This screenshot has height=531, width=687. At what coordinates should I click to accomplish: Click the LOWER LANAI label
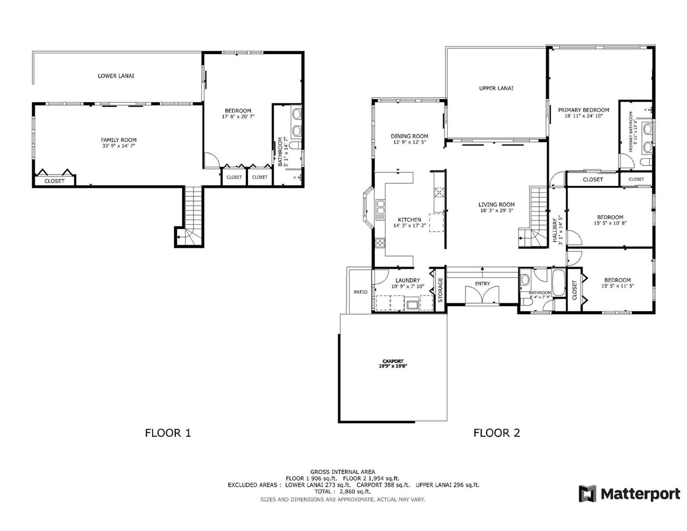tap(116, 76)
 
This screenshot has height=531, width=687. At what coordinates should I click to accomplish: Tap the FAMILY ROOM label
tap(119, 140)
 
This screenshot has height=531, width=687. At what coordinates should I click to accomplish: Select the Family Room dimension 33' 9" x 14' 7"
tap(119, 146)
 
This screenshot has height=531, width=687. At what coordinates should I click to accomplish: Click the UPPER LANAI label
tap(496, 88)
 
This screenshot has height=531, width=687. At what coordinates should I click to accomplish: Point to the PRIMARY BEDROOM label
tap(583, 110)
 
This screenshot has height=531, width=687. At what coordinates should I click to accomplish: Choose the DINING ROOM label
tap(410, 136)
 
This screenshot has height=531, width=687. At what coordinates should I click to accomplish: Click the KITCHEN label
tap(410, 219)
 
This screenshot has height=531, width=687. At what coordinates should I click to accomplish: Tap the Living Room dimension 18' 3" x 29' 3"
tap(497, 210)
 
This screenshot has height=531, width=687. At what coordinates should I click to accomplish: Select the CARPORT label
tap(393, 361)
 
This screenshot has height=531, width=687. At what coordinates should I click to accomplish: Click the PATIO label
tap(361, 292)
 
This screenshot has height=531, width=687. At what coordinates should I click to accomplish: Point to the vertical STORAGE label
tap(441, 290)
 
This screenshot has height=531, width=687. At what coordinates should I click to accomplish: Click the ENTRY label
tap(482, 284)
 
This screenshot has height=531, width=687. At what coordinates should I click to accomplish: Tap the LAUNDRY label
tap(407, 280)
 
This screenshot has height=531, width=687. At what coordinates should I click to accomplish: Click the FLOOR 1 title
tap(168, 433)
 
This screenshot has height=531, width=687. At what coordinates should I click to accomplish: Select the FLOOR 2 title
tap(496, 433)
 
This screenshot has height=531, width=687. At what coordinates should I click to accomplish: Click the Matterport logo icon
tap(587, 493)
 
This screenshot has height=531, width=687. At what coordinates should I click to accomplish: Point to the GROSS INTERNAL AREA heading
tap(343, 472)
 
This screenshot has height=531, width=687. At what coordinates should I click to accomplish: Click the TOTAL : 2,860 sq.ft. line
tap(343, 492)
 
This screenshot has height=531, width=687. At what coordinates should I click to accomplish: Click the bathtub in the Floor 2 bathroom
tap(559, 282)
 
